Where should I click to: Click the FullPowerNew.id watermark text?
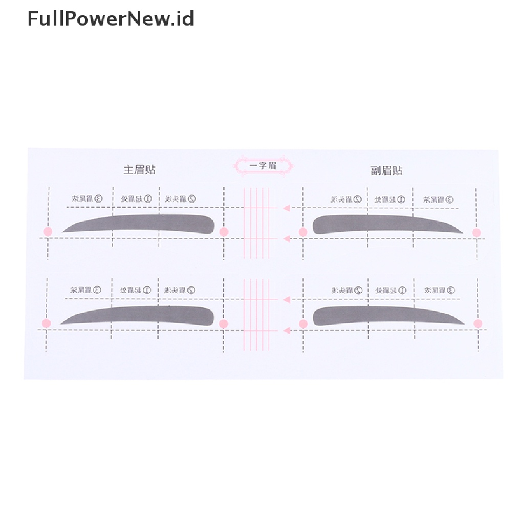click(x=111, y=19)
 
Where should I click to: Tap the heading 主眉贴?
click(x=139, y=170)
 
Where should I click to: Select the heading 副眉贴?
click(x=387, y=170)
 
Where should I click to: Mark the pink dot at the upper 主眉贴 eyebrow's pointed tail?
click(x=48, y=231)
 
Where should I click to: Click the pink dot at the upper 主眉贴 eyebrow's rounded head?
click(x=224, y=232)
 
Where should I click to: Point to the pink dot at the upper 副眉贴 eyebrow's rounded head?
click(x=303, y=232)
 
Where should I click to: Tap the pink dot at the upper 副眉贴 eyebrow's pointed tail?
click(x=476, y=232)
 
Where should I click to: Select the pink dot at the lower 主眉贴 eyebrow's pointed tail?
click(x=47, y=323)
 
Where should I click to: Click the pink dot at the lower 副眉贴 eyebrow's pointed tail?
click(x=478, y=323)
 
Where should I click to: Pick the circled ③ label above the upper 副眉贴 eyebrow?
click(x=449, y=200)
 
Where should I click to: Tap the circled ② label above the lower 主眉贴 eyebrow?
click(x=191, y=290)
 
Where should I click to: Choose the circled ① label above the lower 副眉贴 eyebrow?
click(x=402, y=291)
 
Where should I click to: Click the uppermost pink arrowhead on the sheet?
click(x=287, y=208)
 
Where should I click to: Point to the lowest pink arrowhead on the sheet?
click(x=287, y=331)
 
